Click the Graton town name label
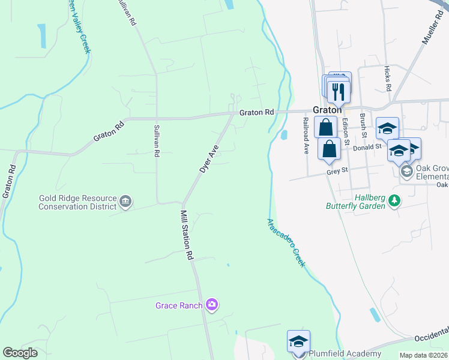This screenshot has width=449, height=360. tap(328, 110)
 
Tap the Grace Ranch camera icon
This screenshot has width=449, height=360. tap(211, 305)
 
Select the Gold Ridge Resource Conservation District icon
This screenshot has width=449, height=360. tap(125, 202)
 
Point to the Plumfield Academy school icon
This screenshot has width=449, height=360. tap(298, 342)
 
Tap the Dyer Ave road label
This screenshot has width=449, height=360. tap(209, 159)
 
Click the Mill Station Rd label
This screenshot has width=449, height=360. tap(187, 234)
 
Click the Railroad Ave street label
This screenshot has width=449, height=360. tap(306, 136)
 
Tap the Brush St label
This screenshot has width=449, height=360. tap(363, 125)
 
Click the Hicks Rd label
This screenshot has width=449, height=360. tap(388, 79)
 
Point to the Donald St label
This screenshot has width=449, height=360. tap(367, 147)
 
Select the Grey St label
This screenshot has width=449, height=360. tap(337, 171)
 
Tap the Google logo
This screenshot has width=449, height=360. tap(20, 353)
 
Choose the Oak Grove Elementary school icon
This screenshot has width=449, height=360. tap(406, 172)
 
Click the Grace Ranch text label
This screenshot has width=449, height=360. tap(179, 305)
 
